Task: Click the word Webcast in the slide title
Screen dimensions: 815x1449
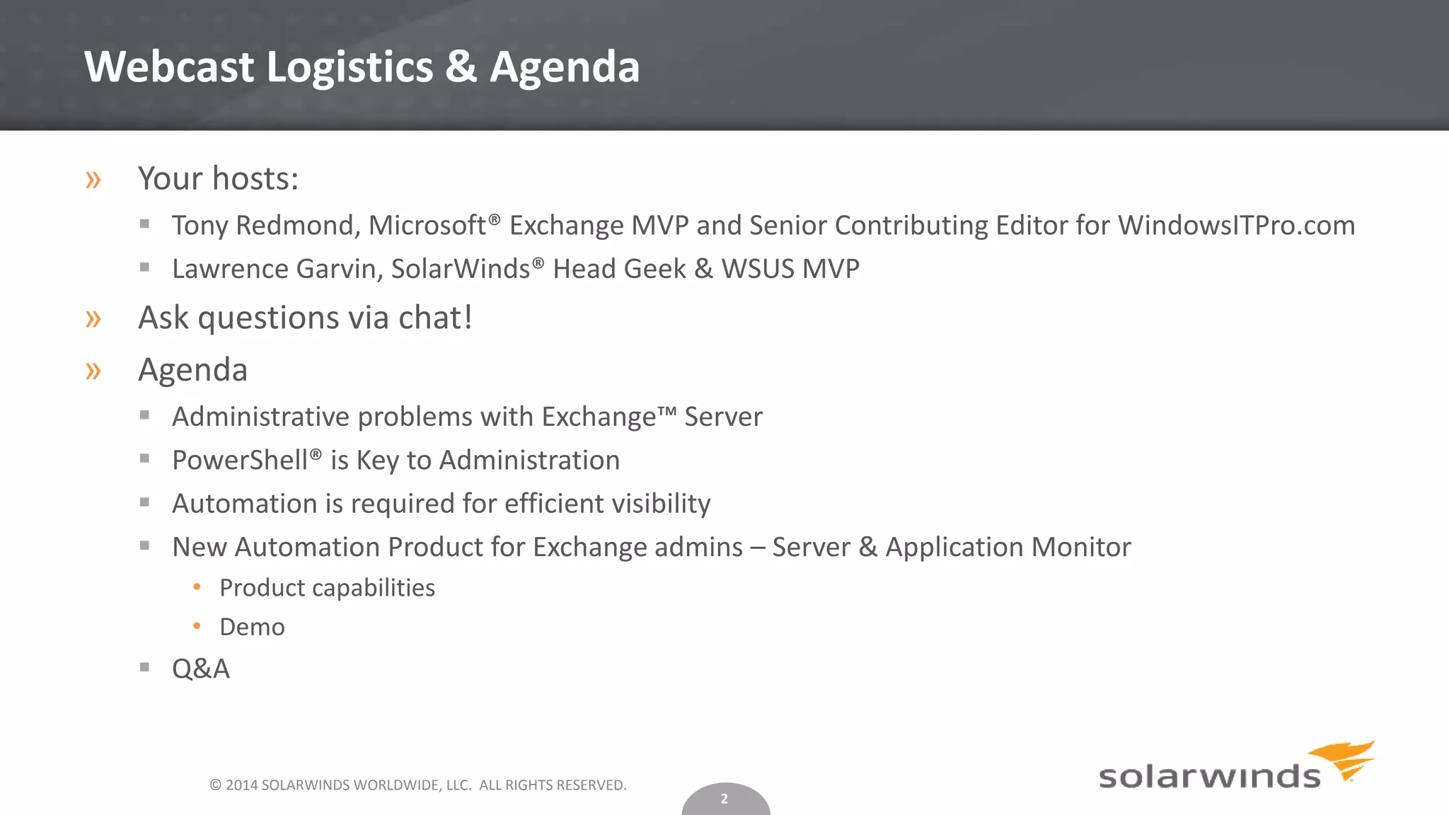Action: pos(168,67)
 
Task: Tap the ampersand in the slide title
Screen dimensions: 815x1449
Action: pos(461,67)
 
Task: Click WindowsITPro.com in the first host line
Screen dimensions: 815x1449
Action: pos(1236,226)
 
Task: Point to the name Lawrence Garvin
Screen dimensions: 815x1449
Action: pos(277,269)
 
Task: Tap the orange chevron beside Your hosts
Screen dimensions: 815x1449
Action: pos(93,180)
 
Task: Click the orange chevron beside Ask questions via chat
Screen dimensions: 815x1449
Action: pos(93,319)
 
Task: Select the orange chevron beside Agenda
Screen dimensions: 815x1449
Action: pos(93,371)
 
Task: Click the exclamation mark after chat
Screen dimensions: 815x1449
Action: pos(467,317)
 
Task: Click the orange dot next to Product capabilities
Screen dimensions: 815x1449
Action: pos(197,586)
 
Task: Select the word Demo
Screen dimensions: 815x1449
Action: pos(252,628)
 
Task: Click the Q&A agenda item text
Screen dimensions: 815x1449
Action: pos(201,669)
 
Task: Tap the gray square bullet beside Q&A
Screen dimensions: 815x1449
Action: pos(145,666)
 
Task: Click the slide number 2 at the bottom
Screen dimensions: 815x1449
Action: pos(724,799)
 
